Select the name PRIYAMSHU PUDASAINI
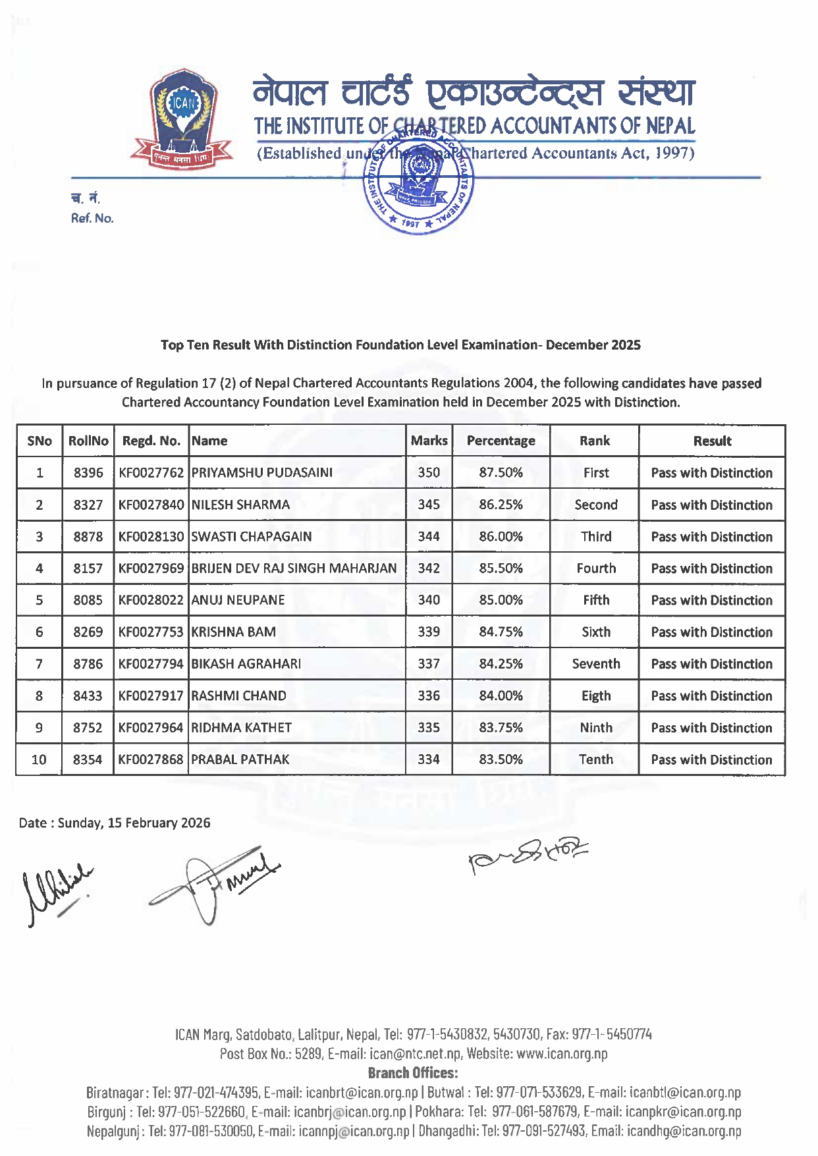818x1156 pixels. [x=261, y=473]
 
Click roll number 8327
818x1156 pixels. [x=88, y=505]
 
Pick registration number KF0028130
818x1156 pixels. [x=151, y=537]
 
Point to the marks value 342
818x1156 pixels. [x=429, y=568]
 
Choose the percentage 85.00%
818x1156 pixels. [x=501, y=600]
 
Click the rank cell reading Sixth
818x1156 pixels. [x=595, y=632]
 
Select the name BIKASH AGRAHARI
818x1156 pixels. [x=246, y=664]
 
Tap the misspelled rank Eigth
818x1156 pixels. [x=595, y=696]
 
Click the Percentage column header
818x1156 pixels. [x=501, y=441]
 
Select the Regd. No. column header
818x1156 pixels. [x=151, y=441]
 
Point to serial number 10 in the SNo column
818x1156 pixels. [x=39, y=760]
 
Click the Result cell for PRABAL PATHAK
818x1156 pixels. [x=711, y=760]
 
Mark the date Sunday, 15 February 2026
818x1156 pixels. [x=134, y=823]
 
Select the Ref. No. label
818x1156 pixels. [x=92, y=219]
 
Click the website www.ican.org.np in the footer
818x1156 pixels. [x=562, y=1054]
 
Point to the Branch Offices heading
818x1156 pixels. [x=412, y=1073]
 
